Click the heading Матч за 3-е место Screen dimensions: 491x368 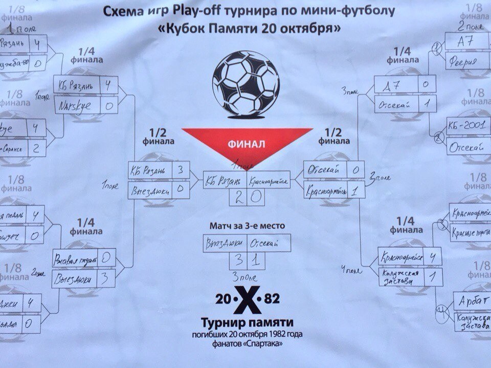pyautogui.click(x=247, y=225)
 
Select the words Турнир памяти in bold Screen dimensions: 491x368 pyautogui.click(x=247, y=322)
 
